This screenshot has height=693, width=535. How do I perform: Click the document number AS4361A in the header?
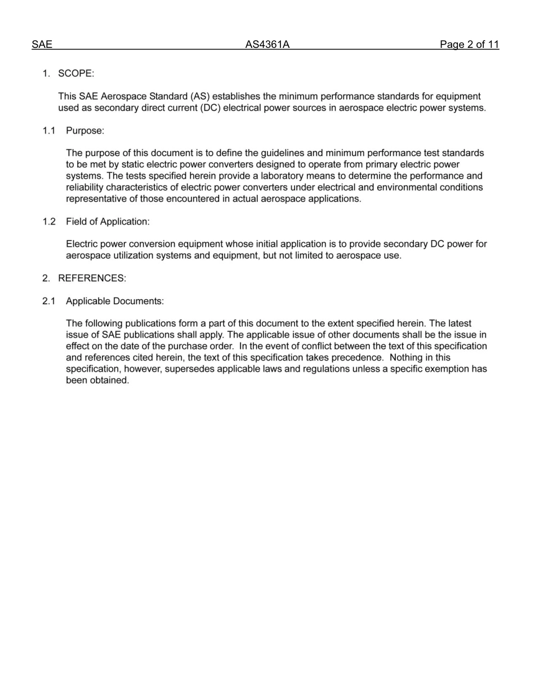tap(267, 45)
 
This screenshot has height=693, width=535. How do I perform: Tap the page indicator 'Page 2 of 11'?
tap(469, 45)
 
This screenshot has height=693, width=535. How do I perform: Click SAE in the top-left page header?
tap(42, 45)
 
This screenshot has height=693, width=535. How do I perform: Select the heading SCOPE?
tap(76, 74)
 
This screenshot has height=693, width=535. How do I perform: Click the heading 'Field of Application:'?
tap(108, 221)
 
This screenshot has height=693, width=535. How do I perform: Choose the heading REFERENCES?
tap(92, 278)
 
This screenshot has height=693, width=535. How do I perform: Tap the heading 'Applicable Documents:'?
tap(115, 301)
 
